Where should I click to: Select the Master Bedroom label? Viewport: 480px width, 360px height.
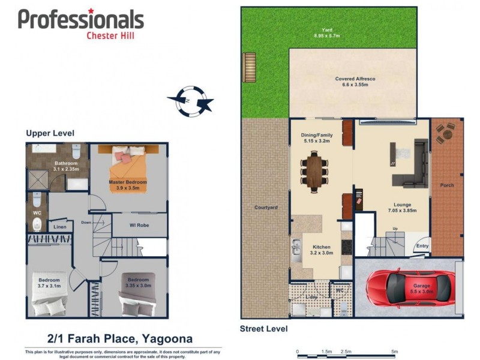(x=128, y=185)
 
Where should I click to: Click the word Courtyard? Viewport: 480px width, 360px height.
(x=265, y=208)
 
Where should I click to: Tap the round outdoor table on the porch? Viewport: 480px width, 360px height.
(x=446, y=133)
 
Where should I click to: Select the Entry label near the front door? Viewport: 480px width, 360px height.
(x=422, y=245)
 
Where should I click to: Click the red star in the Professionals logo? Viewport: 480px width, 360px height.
(x=91, y=11)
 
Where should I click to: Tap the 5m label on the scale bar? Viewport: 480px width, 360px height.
(x=394, y=352)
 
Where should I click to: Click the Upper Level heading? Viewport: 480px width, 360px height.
(x=50, y=133)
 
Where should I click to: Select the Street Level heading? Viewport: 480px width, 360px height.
(x=264, y=328)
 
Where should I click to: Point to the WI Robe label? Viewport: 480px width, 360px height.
(x=139, y=226)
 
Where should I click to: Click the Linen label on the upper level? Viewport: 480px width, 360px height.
(x=60, y=227)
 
